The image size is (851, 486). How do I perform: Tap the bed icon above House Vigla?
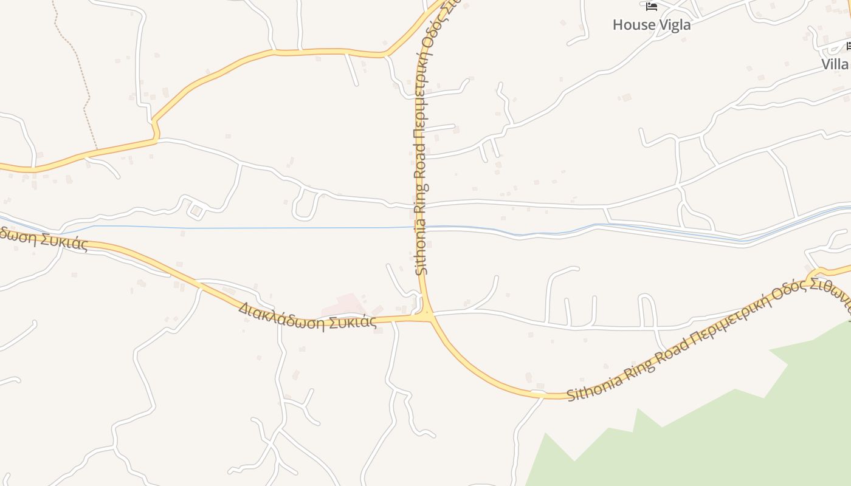(x=652, y=7)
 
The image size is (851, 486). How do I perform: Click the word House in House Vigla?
(x=632, y=25)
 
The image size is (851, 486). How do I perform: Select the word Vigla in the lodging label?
(x=672, y=25)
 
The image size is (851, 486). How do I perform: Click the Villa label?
(x=835, y=64)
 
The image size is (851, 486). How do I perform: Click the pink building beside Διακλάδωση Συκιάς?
(x=345, y=303)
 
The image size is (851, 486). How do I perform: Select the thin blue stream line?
(x=243, y=228)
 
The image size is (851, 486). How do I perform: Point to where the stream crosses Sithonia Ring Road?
(x=422, y=227)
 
